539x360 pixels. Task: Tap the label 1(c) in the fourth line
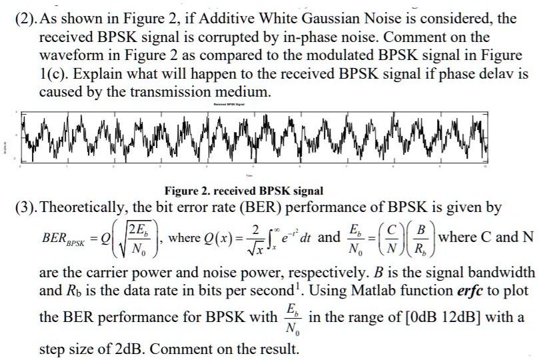[x=53, y=73]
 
